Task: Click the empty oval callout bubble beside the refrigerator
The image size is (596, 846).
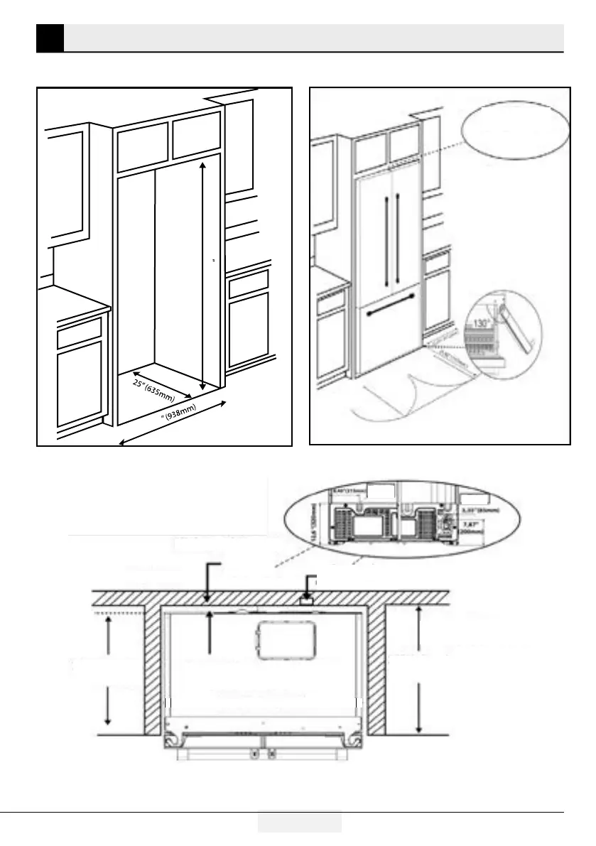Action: (x=515, y=131)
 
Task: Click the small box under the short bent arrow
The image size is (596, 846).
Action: (x=307, y=601)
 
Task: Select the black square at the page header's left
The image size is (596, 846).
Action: (x=50, y=38)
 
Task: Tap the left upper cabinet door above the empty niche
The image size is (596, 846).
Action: (x=142, y=147)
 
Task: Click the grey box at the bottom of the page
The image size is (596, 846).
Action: (x=299, y=822)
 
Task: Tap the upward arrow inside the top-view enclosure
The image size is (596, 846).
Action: (x=208, y=631)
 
